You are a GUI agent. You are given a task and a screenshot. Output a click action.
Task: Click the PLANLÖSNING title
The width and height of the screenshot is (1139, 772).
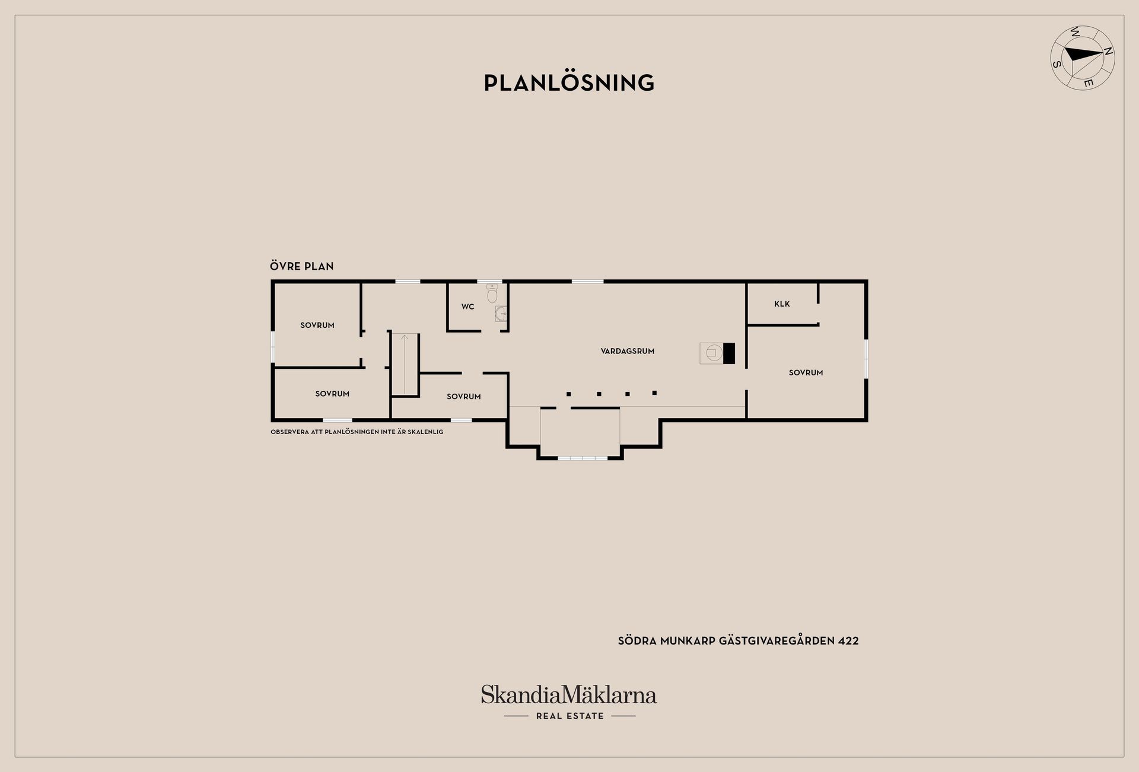click(x=569, y=82)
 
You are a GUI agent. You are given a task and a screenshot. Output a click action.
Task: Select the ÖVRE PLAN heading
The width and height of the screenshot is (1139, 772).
click(x=302, y=266)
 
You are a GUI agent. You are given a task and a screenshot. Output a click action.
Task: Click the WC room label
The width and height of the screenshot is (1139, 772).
click(x=468, y=307)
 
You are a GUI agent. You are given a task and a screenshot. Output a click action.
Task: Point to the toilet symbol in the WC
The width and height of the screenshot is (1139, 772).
click(x=492, y=293)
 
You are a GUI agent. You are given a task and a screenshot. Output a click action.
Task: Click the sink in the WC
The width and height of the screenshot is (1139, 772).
click(x=501, y=313)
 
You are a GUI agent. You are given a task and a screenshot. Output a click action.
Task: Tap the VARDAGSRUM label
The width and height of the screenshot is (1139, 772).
click(x=628, y=351)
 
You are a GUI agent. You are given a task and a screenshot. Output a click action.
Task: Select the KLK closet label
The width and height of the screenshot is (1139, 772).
click(x=782, y=304)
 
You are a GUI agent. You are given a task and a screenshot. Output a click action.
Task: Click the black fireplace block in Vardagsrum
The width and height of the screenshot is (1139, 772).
click(x=729, y=353)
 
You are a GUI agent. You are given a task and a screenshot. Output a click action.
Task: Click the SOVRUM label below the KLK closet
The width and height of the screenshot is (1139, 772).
click(x=806, y=372)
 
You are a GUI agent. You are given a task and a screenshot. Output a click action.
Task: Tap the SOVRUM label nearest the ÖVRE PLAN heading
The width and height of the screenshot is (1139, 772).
click(x=317, y=325)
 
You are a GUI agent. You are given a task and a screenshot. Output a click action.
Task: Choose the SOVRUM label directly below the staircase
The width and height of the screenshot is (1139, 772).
click(x=464, y=396)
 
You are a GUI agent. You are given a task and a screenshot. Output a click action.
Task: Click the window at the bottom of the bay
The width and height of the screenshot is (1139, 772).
click(x=583, y=458)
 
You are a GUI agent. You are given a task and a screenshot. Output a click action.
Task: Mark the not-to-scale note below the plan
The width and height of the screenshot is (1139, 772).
click(x=357, y=432)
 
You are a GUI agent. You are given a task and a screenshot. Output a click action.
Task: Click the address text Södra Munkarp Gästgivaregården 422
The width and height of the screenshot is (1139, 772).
click(x=739, y=640)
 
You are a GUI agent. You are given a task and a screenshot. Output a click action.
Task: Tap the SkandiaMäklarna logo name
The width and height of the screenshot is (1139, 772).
click(x=569, y=694)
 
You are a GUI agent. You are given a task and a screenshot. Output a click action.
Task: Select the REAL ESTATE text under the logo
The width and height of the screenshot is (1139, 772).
click(x=569, y=716)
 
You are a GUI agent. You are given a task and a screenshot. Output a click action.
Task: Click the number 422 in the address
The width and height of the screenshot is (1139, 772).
click(x=848, y=641)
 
